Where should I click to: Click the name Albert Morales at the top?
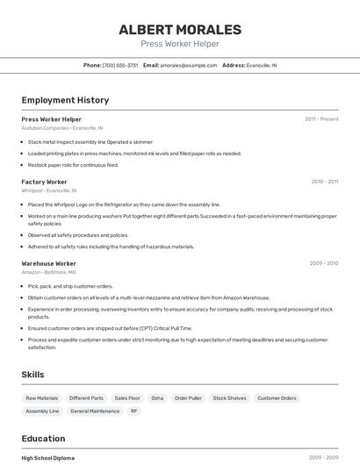180,29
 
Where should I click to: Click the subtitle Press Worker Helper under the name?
180,44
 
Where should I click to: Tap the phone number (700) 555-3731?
120,66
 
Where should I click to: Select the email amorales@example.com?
188,66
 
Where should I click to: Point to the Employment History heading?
65,100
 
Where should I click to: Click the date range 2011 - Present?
321,119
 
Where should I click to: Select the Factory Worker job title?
44,182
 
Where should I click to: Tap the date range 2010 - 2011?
324,182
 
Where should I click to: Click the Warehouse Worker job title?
48,263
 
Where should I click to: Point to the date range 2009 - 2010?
323,263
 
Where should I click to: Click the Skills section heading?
32,375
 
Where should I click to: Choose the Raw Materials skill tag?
42,398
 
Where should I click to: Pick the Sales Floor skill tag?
127,398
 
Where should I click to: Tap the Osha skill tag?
157,398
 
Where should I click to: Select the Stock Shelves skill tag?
229,398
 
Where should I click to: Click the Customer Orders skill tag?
277,398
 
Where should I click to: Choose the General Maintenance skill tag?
95,411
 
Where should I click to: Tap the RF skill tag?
134,411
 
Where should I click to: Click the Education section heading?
43,439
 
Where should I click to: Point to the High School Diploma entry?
48,458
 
